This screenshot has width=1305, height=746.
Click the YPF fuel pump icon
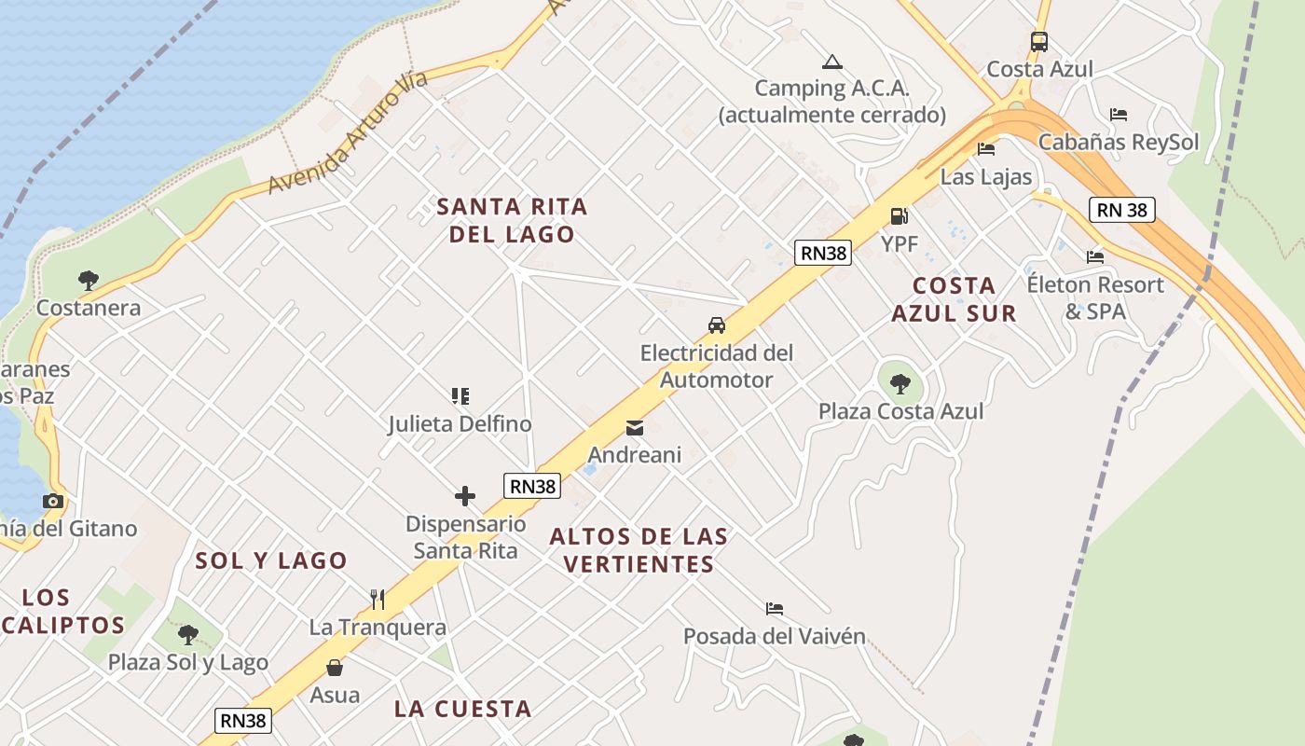pyautogui.click(x=899, y=216)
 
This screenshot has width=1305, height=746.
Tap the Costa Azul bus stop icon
pyautogui.click(x=1039, y=42)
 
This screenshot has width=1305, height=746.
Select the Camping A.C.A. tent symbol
pyautogui.click(x=832, y=62)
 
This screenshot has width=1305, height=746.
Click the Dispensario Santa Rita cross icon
pyautogui.click(x=465, y=496)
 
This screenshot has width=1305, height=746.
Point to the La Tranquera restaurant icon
pyautogui.click(x=378, y=599)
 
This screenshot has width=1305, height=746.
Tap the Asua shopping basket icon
pyautogui.click(x=335, y=668)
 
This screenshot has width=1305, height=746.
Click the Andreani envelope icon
pyautogui.click(x=634, y=428)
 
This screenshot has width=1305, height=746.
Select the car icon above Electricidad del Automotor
pyautogui.click(x=716, y=325)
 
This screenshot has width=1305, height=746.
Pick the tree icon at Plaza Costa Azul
pyautogui.click(x=900, y=383)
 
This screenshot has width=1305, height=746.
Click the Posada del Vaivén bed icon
pyautogui.click(x=774, y=609)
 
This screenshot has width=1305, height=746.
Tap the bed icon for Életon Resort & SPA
pyautogui.click(x=1095, y=256)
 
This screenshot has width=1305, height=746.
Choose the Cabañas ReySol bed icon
pyautogui.click(x=1119, y=115)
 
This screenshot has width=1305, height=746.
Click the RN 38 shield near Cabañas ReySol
pyautogui.click(x=1122, y=210)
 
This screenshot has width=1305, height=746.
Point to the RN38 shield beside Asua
pyautogui.click(x=244, y=720)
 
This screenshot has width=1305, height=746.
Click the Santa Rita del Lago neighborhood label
pyautogui.click(x=512, y=220)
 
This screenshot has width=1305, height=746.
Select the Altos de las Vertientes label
pyautogui.click(x=639, y=550)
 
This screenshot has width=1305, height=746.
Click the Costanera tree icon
pyautogui.click(x=89, y=280)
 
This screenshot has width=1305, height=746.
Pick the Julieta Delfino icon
pyautogui.click(x=460, y=396)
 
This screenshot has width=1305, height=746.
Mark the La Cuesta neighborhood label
pyautogui.click(x=462, y=709)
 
